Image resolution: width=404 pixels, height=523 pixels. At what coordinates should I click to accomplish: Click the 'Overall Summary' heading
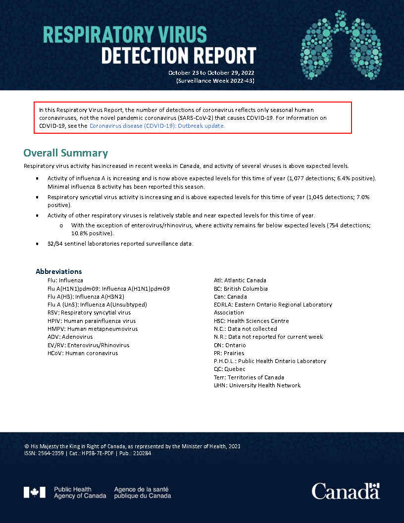pyautogui.click(x=65, y=153)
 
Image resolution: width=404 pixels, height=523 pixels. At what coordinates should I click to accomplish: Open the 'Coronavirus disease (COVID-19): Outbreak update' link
pyautogui.click(x=157, y=126)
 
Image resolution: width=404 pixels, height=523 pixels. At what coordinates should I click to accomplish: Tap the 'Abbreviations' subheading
pyautogui.click(x=58, y=271)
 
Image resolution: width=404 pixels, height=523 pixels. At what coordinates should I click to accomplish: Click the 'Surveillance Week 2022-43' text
pyautogui.click(x=215, y=80)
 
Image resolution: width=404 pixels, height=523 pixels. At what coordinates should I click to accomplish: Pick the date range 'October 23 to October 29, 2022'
pyautogui.click(x=211, y=73)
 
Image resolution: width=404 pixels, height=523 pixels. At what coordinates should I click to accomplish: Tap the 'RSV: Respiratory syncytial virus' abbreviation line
pyautogui.click(x=89, y=313)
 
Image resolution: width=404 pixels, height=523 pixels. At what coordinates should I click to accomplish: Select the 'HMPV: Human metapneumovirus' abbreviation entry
pyautogui.click(x=93, y=329)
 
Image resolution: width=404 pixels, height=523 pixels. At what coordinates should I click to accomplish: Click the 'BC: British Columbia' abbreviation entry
pyautogui.click(x=241, y=288)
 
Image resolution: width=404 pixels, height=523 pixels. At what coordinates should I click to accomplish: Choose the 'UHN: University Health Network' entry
pyautogui.click(x=257, y=385)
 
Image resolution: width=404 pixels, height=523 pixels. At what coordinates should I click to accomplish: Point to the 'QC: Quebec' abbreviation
pyautogui.click(x=229, y=369)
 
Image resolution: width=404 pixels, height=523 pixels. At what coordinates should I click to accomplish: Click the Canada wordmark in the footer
pyautogui.click(x=345, y=491)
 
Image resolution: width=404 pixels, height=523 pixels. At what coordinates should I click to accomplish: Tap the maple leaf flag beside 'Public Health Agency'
pyautogui.click(x=34, y=492)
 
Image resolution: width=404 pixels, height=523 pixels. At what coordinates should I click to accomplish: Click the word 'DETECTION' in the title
pyautogui.click(x=140, y=55)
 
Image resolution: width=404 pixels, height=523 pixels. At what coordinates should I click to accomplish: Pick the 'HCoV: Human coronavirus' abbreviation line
pyautogui.click(x=82, y=353)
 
